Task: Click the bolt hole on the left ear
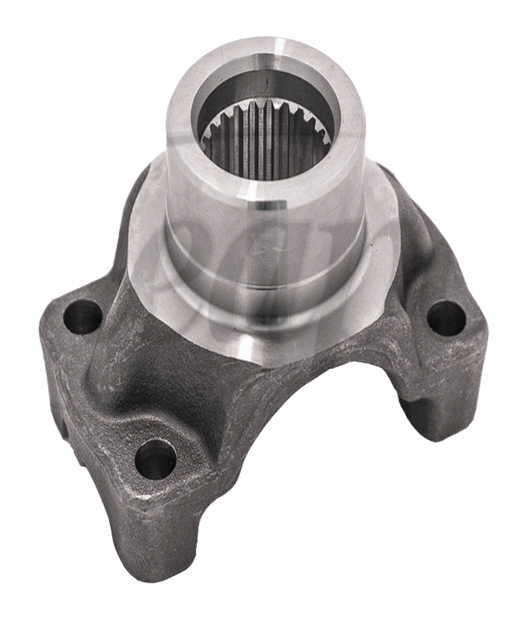[82, 316]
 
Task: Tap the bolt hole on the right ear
[446, 317]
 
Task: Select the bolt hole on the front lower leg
[156, 458]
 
